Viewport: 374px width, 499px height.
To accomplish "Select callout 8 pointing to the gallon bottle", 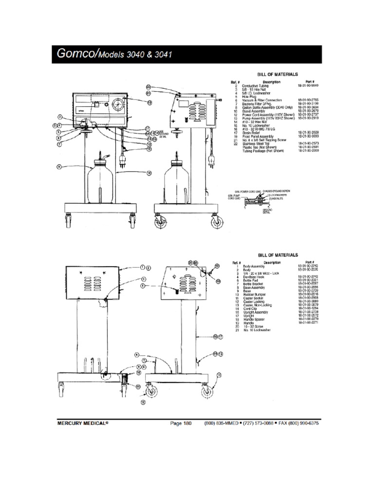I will [59, 166].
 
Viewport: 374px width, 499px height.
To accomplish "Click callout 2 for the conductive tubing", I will [60, 117].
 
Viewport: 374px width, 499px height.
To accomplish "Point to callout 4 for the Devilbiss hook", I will [143, 286].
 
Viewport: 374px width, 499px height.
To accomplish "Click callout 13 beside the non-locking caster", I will [219, 375].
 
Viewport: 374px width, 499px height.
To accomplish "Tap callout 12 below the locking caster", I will [143, 402].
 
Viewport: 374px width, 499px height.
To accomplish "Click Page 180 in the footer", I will [181, 423].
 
